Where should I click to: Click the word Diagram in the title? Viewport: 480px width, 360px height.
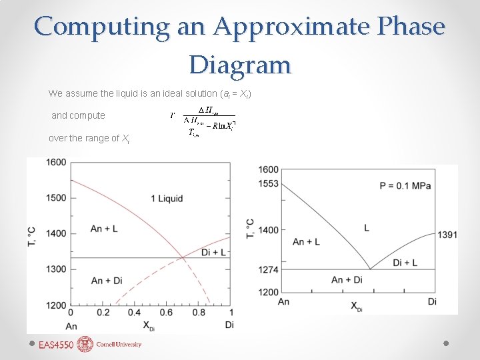tap(240, 65)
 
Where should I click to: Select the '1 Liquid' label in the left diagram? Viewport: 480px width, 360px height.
tap(167, 199)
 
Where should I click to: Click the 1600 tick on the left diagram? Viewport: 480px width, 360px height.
tap(56, 162)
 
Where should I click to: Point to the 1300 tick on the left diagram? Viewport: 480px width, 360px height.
tap(56, 269)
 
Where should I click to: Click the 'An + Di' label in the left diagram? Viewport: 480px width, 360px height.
tap(107, 280)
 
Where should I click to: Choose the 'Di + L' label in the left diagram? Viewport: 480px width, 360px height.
tap(214, 251)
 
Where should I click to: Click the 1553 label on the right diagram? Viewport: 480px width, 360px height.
tap(269, 183)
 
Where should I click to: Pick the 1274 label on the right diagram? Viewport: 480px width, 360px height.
tap(269, 270)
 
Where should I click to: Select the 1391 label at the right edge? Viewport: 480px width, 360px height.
tap(447, 235)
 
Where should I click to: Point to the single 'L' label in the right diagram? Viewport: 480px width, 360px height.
tap(367, 229)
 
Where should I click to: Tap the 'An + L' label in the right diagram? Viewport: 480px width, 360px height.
tap(306, 241)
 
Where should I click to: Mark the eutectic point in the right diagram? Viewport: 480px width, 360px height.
tap(370, 269)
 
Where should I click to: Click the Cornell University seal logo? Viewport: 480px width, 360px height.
tap(85, 344)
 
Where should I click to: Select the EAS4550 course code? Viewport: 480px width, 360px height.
tap(57, 345)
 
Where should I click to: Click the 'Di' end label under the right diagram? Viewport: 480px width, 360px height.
tap(432, 302)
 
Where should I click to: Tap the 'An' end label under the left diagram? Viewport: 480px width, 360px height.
tap(71, 325)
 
